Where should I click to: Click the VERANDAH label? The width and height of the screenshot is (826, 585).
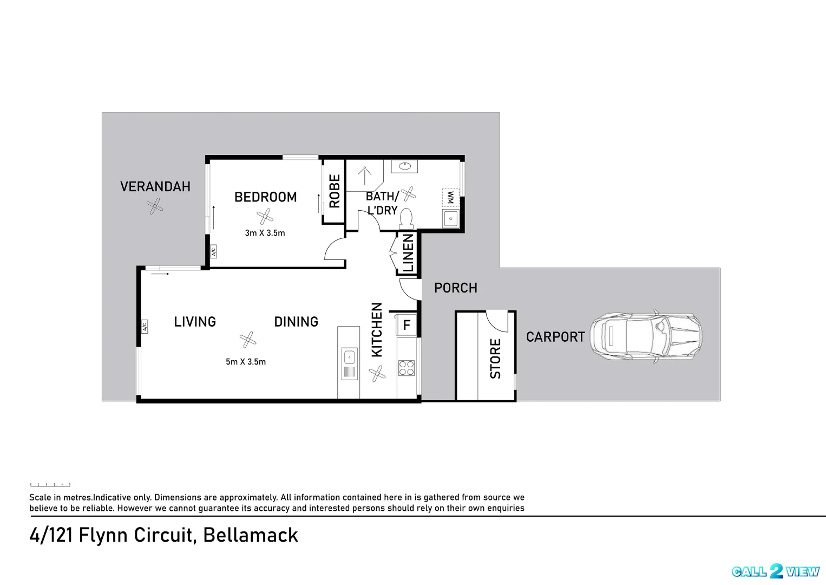pos(155,187)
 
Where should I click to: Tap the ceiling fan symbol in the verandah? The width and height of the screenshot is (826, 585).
pos(155,206)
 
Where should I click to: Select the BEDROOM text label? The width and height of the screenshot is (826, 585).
pos(265,197)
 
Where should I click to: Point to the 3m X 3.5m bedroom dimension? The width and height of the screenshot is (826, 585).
pos(265,233)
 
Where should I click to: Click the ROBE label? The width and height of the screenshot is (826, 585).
pos(335,191)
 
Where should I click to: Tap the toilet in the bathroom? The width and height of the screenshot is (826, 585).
pos(406,218)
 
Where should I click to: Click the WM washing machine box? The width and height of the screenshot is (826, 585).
pos(450,197)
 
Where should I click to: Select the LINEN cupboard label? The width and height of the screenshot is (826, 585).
pos(408,253)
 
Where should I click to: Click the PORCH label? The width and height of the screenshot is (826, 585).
pos(456,288)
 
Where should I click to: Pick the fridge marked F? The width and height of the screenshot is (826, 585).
pos(407,325)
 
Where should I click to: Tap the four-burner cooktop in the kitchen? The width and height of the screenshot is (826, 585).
pos(407,368)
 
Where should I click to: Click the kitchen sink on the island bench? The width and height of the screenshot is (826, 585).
pos(349,357)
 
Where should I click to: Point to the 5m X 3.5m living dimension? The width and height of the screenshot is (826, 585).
pos(246,362)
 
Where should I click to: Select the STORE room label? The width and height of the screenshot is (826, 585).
pos(495,359)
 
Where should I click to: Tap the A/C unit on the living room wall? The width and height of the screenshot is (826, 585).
pos(144,326)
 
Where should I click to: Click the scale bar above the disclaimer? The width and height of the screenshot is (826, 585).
pos(50,485)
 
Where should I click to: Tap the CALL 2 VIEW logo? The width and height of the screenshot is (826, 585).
pos(775,571)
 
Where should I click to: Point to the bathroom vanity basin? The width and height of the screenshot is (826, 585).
pos(404,166)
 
